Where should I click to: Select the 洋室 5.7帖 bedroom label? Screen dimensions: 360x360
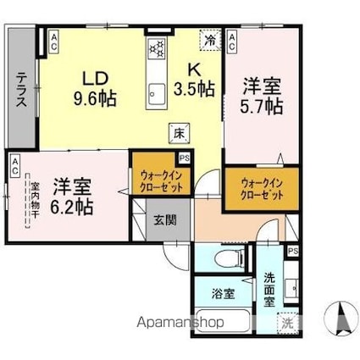[x=263, y=96]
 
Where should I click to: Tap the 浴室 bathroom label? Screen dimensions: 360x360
[x=223, y=294]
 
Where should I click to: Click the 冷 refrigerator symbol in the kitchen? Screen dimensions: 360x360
[x=208, y=40]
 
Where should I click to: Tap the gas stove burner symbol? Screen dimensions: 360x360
[x=158, y=48]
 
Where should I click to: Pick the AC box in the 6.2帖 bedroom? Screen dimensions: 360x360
[x=14, y=166]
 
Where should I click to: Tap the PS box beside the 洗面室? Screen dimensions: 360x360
[x=292, y=252]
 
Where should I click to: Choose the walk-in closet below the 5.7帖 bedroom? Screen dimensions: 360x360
[x=254, y=188]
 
